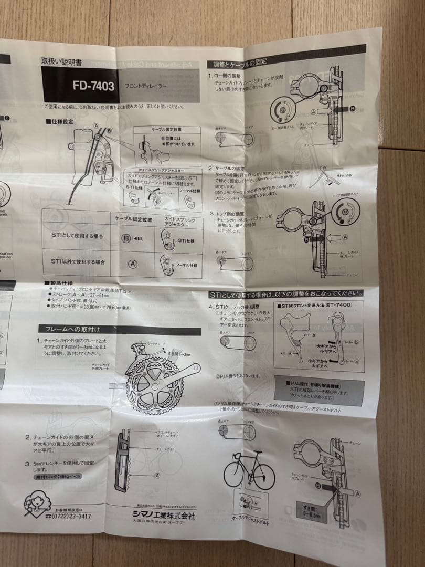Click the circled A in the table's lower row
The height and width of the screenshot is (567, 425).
pos(133,260)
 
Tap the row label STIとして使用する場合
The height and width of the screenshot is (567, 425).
pos(77,236)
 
